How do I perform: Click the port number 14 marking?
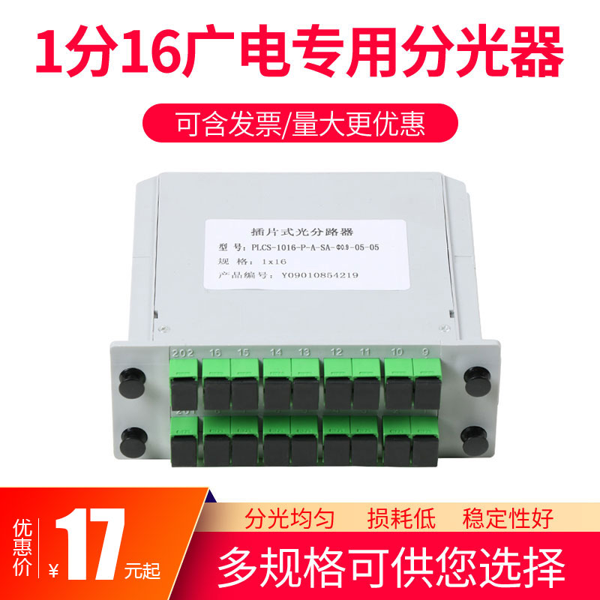click(x=275, y=351)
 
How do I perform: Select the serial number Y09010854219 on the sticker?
click(x=319, y=274)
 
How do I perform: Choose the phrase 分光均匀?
click(x=288, y=517)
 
